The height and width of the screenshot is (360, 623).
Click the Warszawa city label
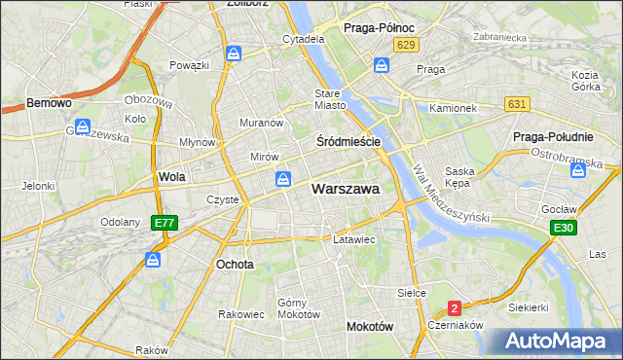coord(345,190)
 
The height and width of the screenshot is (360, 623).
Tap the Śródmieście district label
coord(348,141)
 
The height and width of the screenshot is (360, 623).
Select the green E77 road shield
coord(165,223)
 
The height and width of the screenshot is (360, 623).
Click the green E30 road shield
coord(562,228)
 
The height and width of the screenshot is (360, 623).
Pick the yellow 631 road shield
coord(517,104)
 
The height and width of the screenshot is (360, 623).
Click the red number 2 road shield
coord(454,308)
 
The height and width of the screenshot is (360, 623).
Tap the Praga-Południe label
coord(554,137)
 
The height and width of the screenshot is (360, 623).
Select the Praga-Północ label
coord(380,29)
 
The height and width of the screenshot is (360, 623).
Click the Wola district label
coord(171,177)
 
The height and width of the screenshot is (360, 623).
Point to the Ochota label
coord(235,264)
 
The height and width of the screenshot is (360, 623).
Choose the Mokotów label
coord(369,327)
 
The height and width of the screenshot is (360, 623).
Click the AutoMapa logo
coord(560,342)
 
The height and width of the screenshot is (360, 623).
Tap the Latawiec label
coord(354,238)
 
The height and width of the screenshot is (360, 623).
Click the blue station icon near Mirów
coord(282,178)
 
